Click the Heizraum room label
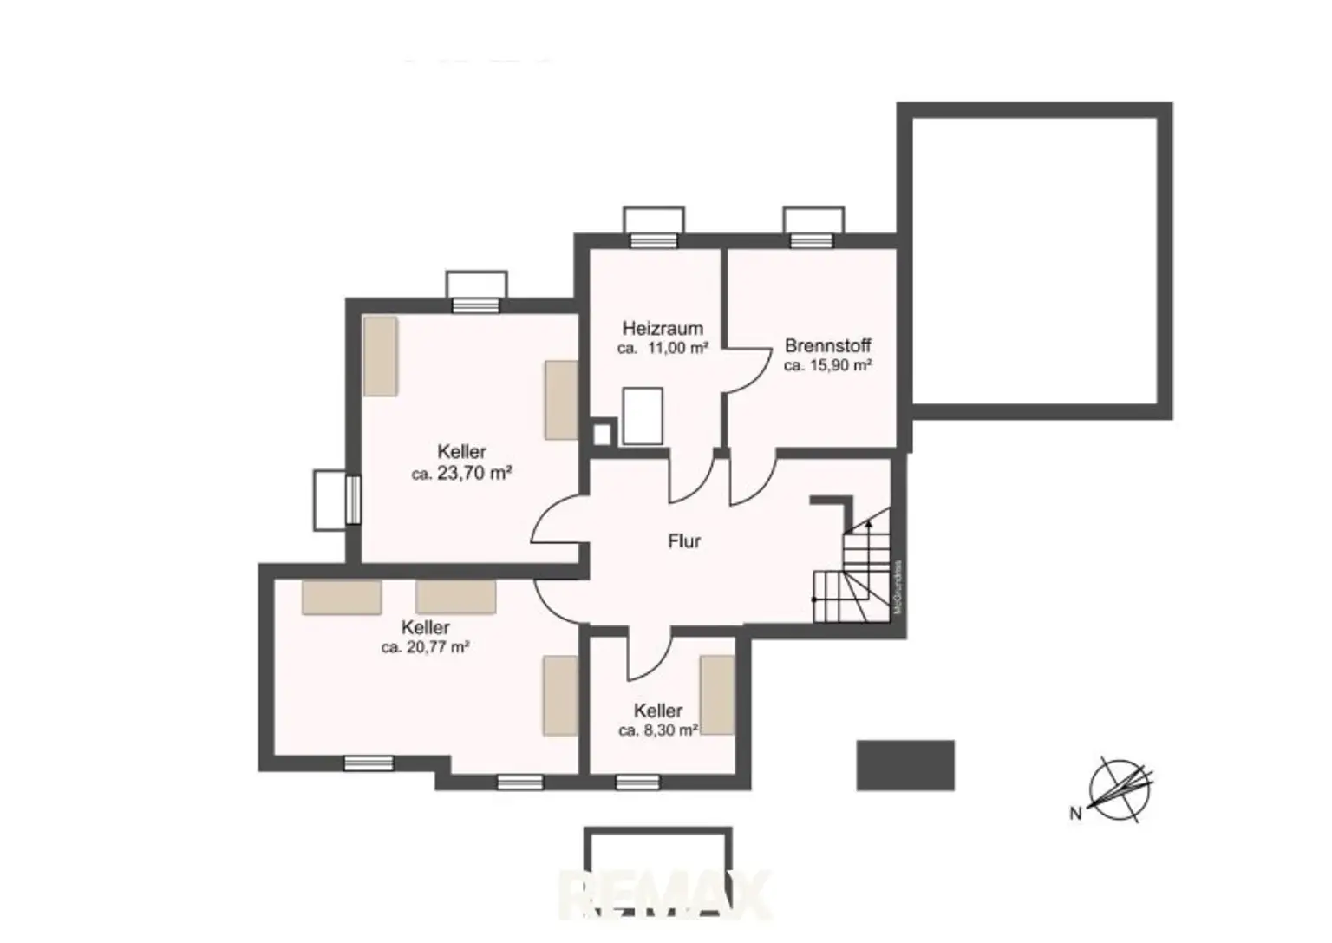point(663,329)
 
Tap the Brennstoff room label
point(827,345)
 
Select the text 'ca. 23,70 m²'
point(461,474)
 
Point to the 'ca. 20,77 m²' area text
point(425,647)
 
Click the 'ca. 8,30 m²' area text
point(658,730)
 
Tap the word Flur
point(684,541)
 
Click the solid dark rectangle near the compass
point(905,765)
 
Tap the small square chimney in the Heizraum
point(602,433)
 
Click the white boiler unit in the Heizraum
point(643,416)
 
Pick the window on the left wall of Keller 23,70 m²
point(352,500)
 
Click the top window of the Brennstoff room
point(813,240)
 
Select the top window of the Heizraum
point(653,240)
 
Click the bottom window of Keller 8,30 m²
point(637,783)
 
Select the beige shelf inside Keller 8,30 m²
point(717,695)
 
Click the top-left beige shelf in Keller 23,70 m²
point(380,356)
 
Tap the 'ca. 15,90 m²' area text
point(827,366)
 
